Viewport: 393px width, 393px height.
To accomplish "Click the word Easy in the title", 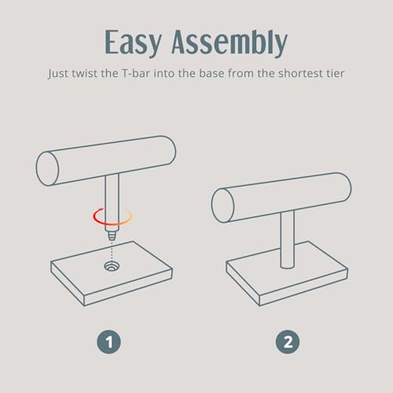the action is click(x=133, y=42).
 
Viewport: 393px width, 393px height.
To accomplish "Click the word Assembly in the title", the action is click(x=230, y=42).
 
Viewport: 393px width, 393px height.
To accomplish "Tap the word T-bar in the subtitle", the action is click(x=136, y=73).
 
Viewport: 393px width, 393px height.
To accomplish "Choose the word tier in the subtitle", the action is click(x=335, y=73).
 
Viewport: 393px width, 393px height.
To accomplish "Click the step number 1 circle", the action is click(x=108, y=342).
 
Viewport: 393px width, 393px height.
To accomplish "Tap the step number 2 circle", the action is click(x=288, y=342).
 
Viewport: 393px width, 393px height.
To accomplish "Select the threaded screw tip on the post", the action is click(x=112, y=236).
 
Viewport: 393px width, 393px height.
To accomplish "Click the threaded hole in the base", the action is click(x=112, y=266).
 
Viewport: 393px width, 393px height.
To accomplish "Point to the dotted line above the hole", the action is click(x=112, y=251).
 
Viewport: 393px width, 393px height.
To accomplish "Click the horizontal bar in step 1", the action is click(x=106, y=160).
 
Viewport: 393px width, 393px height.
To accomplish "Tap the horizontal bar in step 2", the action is click(x=281, y=197).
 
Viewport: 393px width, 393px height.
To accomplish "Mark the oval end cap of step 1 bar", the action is click(x=47, y=169).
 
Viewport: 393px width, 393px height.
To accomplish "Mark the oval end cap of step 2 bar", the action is click(x=222, y=206).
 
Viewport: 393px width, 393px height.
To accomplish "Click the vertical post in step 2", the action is click(x=288, y=240).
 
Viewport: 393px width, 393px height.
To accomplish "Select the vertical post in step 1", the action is click(x=112, y=203).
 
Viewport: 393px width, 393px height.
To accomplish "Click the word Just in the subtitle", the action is click(x=58, y=74).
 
